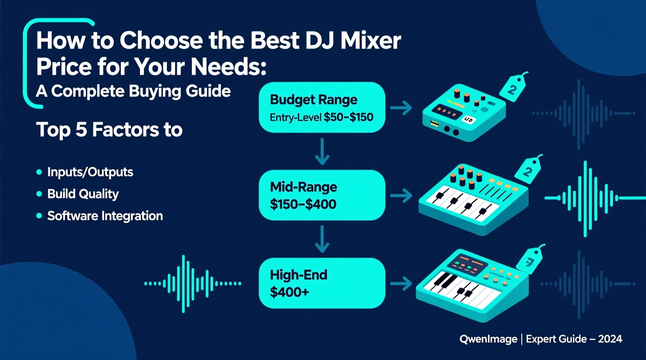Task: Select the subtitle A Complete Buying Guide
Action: click(133, 91)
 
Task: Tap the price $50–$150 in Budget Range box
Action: click(348, 117)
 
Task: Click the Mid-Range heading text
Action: click(303, 187)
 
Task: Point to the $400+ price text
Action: click(289, 292)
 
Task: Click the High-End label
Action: click(298, 275)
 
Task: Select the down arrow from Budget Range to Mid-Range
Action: click(322, 152)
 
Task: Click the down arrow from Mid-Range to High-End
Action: click(322, 239)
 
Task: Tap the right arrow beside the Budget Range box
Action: click(401, 108)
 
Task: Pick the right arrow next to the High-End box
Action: click(401, 284)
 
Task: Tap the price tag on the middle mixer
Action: click(528, 170)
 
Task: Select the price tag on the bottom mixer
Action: click(530, 261)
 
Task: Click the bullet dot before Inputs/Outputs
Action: click(39, 172)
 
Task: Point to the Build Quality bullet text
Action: click(83, 194)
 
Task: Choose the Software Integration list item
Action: click(105, 216)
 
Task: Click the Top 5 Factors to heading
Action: click(109, 130)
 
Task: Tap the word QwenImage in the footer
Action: click(488, 339)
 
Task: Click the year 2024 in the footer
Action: click(610, 339)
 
